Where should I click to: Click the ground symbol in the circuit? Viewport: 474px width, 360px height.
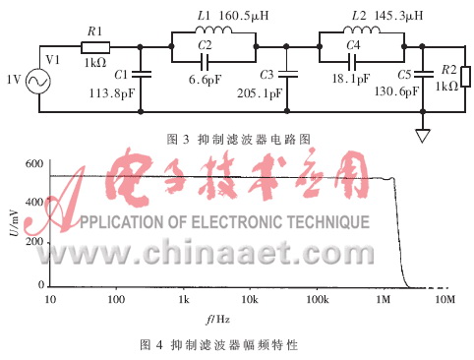(x=422, y=135)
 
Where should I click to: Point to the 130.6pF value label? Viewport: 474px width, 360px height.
(x=422, y=91)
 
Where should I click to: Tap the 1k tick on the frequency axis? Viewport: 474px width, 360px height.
(x=183, y=298)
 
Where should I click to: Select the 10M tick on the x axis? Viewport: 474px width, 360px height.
(x=444, y=298)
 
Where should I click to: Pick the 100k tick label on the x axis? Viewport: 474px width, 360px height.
(x=316, y=298)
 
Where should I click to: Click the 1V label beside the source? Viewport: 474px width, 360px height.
(x=13, y=80)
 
